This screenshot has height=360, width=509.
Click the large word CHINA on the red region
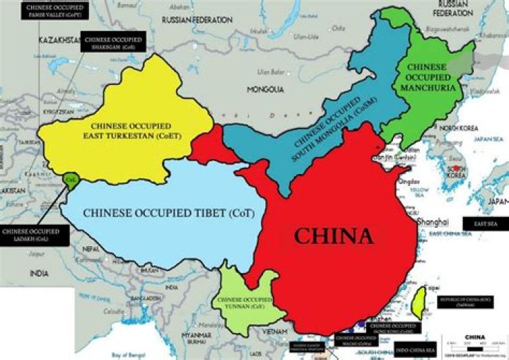pyautogui.click(x=333, y=236)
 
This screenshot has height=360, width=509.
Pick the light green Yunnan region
pyautogui.click(x=244, y=301)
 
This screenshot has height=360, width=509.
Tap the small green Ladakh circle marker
pyautogui.click(x=69, y=180)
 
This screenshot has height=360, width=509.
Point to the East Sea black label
pyautogui.click(x=486, y=223)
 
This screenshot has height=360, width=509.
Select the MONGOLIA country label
pyautogui.click(x=264, y=90)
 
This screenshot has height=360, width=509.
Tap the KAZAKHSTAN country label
pyautogui.click(x=60, y=40)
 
